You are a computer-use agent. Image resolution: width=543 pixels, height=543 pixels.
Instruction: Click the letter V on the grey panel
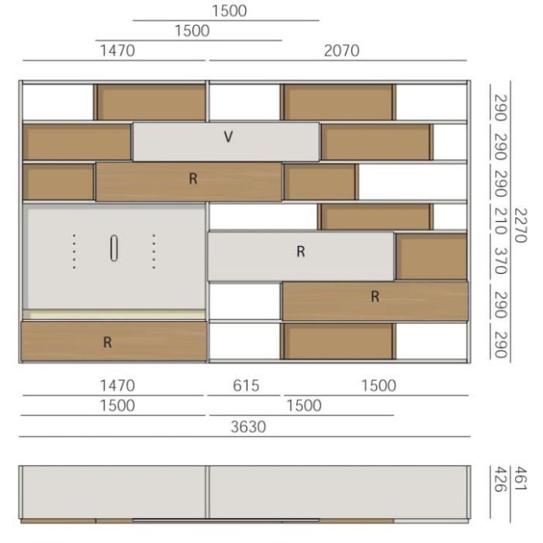tap(228, 137)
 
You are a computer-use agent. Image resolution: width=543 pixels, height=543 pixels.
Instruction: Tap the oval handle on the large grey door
tap(114, 248)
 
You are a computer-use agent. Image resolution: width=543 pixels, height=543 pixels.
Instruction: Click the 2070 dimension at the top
tap(341, 51)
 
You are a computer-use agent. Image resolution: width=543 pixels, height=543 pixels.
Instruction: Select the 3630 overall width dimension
tap(248, 427)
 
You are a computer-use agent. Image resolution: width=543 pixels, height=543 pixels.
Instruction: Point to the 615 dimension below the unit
tap(246, 386)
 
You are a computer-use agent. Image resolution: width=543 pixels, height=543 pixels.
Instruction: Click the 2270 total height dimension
tap(521, 226)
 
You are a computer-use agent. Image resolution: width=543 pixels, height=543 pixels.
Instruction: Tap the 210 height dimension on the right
tap(501, 221)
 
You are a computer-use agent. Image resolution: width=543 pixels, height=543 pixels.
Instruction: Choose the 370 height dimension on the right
tap(501, 261)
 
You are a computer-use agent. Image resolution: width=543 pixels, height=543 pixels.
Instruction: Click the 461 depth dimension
tap(521, 479)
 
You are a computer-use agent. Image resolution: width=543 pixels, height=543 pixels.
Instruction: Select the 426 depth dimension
tap(501, 479)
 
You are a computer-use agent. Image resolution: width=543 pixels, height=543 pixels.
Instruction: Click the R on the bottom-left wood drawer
tap(107, 342)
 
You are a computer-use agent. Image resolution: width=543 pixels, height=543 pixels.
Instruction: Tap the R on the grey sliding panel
tap(301, 251)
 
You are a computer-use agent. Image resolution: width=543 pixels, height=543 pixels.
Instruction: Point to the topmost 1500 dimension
tap(230, 11)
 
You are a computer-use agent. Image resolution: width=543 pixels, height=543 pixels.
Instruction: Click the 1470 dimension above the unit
tap(117, 51)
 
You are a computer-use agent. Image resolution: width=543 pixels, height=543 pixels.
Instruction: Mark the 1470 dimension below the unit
tap(117, 386)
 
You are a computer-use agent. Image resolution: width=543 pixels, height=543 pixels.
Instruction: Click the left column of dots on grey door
tap(74, 251)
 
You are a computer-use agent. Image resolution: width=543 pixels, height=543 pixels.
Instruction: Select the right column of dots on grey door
tap(154, 251)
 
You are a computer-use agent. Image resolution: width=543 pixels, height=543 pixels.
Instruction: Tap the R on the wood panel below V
tap(193, 178)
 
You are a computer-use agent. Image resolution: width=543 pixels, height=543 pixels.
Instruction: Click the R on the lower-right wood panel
tap(375, 296)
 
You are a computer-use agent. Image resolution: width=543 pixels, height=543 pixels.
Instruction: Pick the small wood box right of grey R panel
tap(431, 256)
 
